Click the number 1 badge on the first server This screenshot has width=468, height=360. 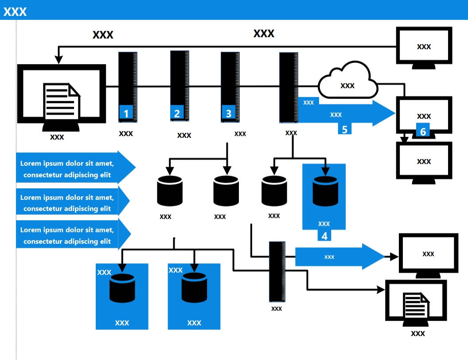126,113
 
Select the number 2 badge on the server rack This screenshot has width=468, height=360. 177,113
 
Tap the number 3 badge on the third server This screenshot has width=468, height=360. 228,113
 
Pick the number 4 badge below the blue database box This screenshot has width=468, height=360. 324,235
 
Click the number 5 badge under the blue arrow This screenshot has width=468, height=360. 344,129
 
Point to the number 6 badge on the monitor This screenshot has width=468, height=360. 422,132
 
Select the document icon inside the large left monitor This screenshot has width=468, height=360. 61,101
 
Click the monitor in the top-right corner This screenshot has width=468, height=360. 424,47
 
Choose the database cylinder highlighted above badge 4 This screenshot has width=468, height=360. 325,191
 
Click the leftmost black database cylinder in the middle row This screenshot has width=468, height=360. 170,191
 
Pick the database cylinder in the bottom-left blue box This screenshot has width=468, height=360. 122,288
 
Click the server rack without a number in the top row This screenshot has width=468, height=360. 288,87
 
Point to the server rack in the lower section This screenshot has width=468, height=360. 277,272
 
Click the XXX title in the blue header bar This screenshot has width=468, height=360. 15,12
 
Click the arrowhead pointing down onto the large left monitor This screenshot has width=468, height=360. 58,59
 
